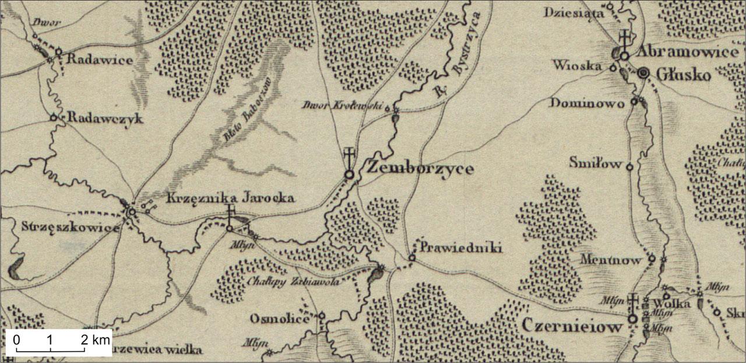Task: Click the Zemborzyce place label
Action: click(420, 169)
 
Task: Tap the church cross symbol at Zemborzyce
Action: click(349, 157)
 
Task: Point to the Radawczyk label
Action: click(105, 118)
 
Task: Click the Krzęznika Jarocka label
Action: click(231, 198)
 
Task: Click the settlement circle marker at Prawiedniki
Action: click(412, 257)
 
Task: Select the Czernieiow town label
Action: click(572, 327)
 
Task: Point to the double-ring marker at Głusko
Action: click(643, 73)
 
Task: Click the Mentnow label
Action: click(614, 259)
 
